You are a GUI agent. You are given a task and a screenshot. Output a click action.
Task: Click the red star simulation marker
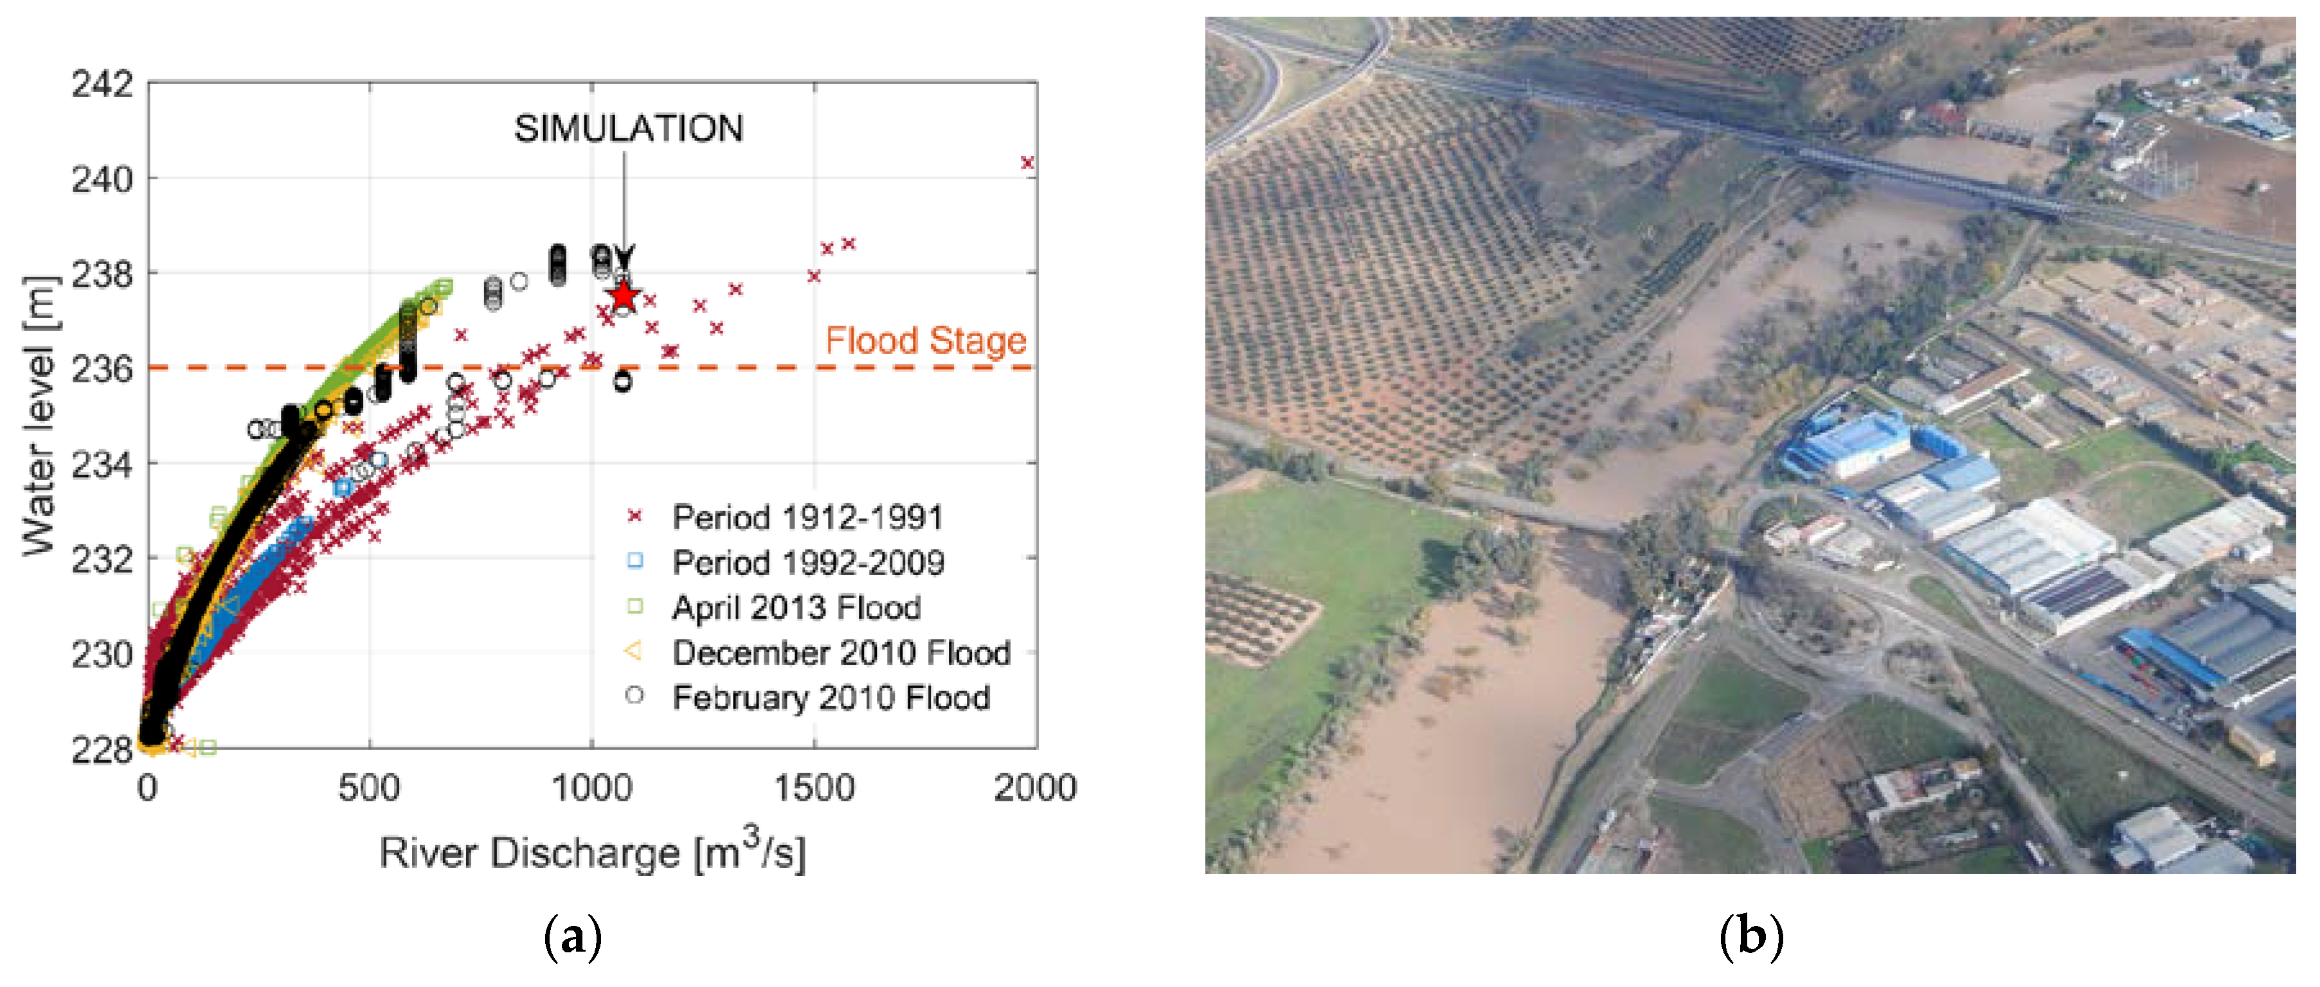click(x=623, y=296)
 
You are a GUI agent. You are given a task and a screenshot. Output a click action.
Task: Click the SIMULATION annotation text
click(x=629, y=129)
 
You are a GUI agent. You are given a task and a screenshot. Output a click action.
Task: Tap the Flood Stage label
click(x=926, y=341)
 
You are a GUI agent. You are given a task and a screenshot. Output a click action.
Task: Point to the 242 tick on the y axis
click(x=102, y=85)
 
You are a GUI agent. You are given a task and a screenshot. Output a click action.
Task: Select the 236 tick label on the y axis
click(x=102, y=369)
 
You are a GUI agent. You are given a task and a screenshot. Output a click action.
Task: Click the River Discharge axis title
click(x=591, y=853)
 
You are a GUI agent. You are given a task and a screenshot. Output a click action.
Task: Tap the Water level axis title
click(x=39, y=416)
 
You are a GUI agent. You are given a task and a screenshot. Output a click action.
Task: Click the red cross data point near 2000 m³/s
click(x=1027, y=163)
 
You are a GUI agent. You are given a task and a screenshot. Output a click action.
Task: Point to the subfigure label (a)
click(x=573, y=937)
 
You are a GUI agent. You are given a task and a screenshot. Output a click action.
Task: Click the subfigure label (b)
click(x=1750, y=937)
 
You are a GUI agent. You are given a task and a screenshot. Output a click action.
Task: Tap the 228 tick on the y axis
click(x=102, y=749)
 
